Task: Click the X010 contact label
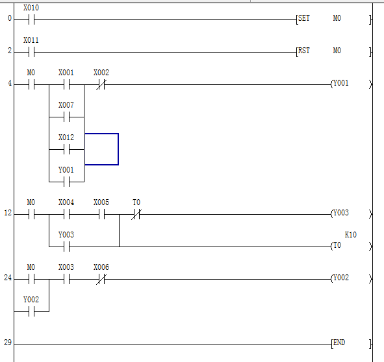31,8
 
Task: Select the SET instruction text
304,18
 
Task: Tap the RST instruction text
304,51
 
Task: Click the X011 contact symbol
32,52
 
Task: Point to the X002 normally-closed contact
101,84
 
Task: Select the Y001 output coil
351,84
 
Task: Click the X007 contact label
66,105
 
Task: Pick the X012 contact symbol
67,149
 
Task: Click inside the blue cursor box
101,149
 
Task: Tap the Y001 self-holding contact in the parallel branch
67,182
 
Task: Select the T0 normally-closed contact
136,214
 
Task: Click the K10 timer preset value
351,235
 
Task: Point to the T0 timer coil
351,246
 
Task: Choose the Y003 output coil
351,214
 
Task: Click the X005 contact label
101,202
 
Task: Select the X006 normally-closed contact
101,279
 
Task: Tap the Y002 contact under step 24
32,311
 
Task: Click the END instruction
339,343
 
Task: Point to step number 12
8,213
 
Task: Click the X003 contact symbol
67,279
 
